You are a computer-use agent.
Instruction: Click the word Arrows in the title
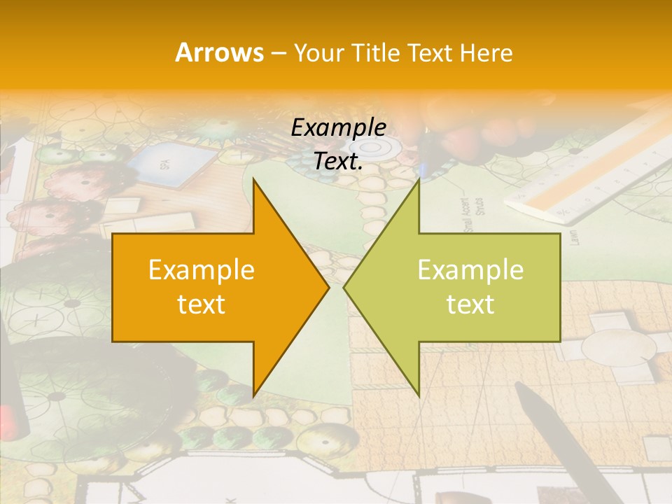(219, 52)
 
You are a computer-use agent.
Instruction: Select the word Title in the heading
(374, 53)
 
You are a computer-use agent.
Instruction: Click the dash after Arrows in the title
(278, 54)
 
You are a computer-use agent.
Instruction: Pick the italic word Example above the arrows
(338, 128)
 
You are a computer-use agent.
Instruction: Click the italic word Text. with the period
(338, 161)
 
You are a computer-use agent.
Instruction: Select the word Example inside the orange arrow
(201, 270)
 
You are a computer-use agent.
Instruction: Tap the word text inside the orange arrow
(201, 304)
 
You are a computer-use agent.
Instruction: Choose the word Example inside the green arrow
(470, 270)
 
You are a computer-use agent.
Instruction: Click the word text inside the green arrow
(470, 304)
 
